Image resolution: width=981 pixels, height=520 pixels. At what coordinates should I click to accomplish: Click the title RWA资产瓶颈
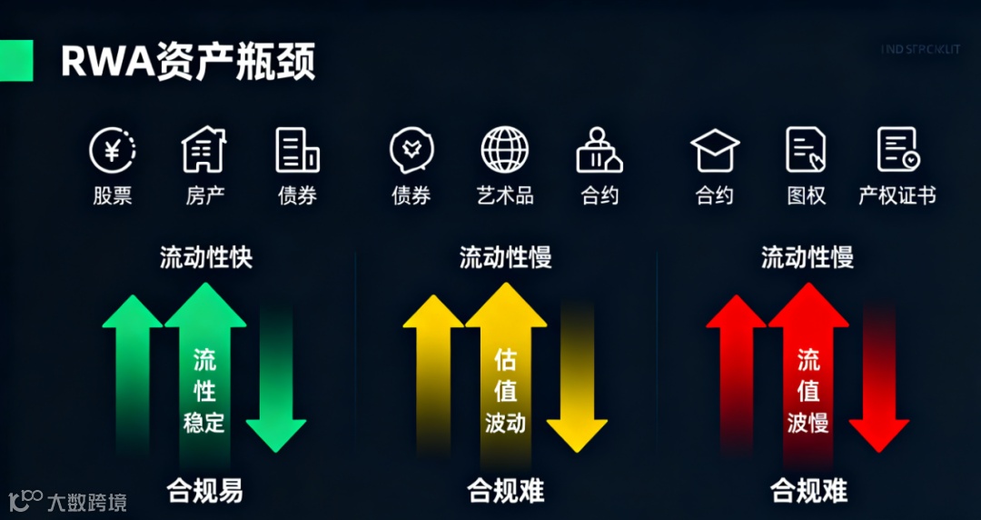[188, 63]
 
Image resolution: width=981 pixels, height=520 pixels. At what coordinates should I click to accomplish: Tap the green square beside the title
[16, 61]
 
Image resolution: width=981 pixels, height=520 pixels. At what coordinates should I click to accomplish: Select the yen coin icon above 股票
[113, 150]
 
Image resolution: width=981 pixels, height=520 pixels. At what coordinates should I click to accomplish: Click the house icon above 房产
[204, 150]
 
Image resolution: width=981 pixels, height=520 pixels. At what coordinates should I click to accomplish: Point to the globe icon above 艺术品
[505, 150]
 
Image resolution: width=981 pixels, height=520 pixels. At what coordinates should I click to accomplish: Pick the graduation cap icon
[715, 150]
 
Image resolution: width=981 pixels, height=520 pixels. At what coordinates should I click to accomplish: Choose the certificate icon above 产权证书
[897, 150]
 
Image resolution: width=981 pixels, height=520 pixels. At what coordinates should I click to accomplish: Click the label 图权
[806, 195]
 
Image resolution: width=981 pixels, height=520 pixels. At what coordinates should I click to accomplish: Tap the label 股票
[113, 195]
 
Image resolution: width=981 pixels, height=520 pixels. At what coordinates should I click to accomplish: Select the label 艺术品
[505, 195]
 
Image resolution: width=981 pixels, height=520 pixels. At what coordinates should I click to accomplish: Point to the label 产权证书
[897, 195]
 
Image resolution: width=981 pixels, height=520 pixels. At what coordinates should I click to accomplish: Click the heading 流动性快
[205, 257]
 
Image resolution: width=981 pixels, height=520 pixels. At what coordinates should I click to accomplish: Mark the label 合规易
[205, 492]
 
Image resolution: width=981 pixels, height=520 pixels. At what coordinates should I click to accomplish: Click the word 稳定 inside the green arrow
[204, 424]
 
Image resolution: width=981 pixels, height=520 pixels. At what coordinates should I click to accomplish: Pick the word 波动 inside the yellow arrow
[505, 424]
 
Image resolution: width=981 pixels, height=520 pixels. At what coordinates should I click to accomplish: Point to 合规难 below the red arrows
[808, 492]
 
